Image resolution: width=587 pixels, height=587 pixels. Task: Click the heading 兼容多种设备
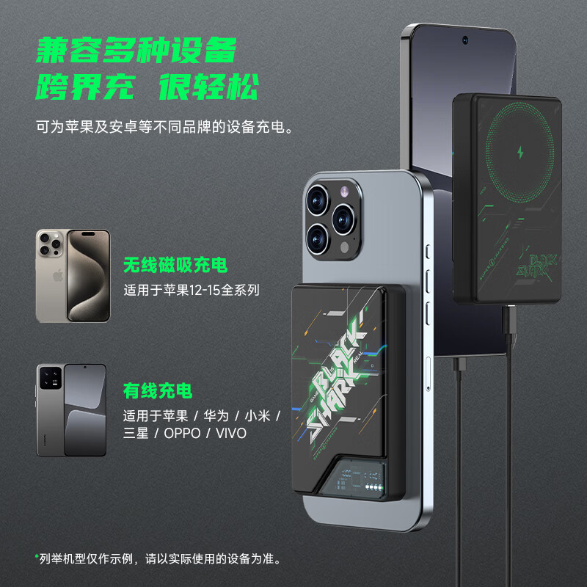136,52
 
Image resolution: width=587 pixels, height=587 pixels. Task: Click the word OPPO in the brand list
180,433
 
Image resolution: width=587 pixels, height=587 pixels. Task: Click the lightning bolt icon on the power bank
522,153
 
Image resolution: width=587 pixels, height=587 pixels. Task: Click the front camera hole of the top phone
465,39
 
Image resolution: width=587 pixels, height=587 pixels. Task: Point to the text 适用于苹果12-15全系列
191,290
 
